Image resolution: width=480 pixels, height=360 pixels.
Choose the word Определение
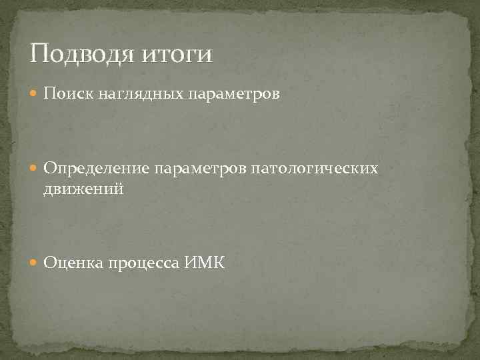pyautogui.click(x=97, y=169)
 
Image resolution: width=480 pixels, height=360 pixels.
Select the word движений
pyautogui.click(x=84, y=190)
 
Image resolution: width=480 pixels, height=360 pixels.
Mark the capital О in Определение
pyautogui.click(x=50, y=169)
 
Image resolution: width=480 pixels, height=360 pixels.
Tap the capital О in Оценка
pyautogui.click(x=50, y=264)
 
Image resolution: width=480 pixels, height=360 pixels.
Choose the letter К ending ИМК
pyautogui.click(x=219, y=264)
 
